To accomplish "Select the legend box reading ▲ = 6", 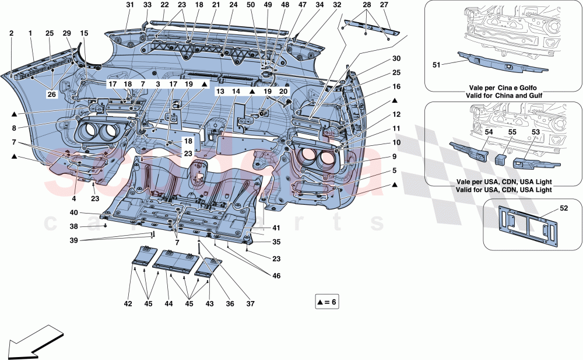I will (327, 302).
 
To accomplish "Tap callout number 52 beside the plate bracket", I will (564, 208).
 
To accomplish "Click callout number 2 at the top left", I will (11, 33).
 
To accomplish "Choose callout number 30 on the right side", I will (397, 58).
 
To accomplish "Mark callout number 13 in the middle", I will (220, 92).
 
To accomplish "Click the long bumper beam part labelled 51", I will (503, 63).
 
